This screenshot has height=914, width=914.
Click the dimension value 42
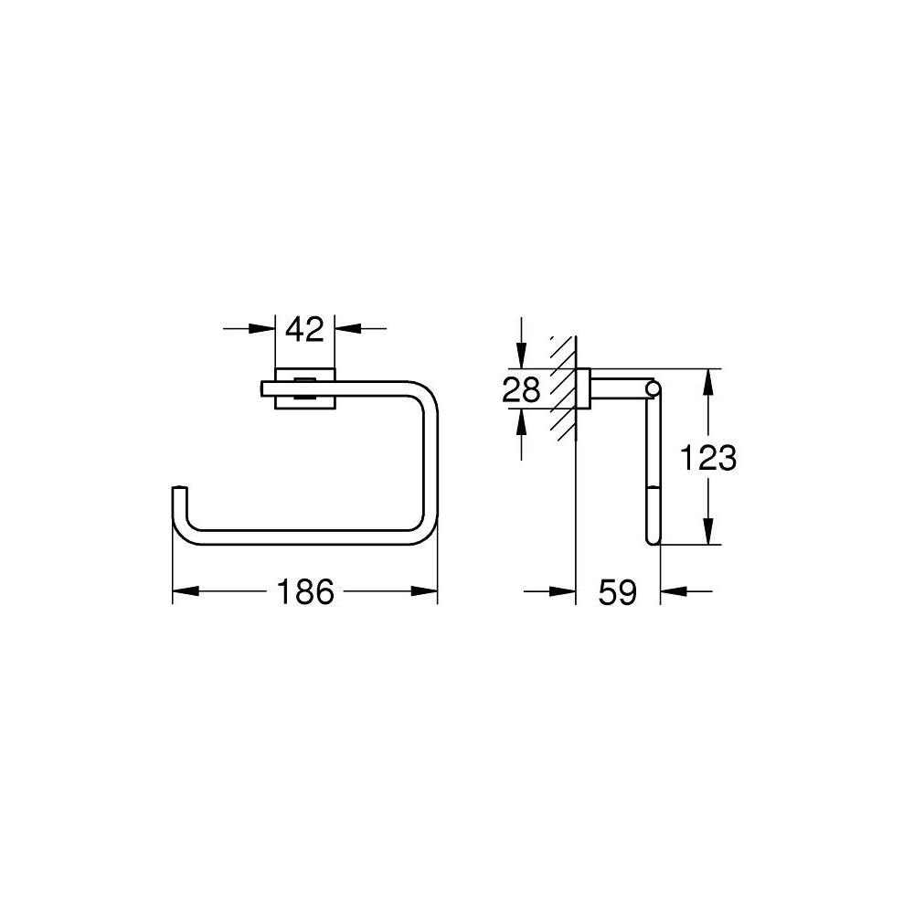point(304,328)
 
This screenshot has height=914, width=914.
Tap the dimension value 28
point(521,390)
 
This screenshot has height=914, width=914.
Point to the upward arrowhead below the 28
point(521,422)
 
